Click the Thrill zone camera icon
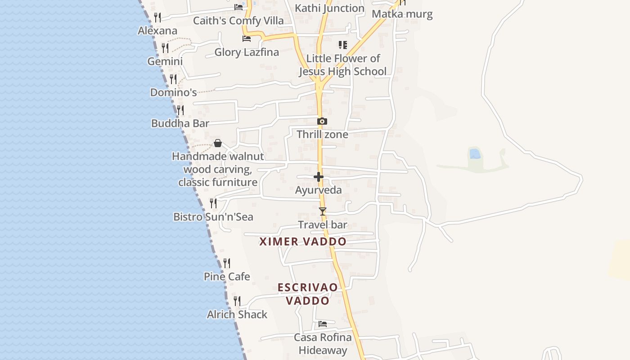(322, 121)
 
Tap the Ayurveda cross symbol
(319, 177)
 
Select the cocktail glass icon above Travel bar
(322, 211)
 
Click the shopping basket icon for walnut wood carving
(218, 143)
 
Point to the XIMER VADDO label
(303, 242)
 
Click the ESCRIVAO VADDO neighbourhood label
(308, 294)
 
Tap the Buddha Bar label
(180, 123)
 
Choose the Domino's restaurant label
(173, 93)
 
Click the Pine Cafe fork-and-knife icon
(227, 263)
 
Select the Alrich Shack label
(237, 315)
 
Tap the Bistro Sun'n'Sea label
(213, 217)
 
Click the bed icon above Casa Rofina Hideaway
(323, 324)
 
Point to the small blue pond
(474, 154)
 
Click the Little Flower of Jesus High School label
(342, 65)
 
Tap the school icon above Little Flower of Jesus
(343, 45)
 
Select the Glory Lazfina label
(247, 52)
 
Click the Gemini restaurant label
(165, 61)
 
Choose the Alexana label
(157, 31)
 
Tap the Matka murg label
(402, 14)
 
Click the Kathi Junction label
(329, 8)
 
